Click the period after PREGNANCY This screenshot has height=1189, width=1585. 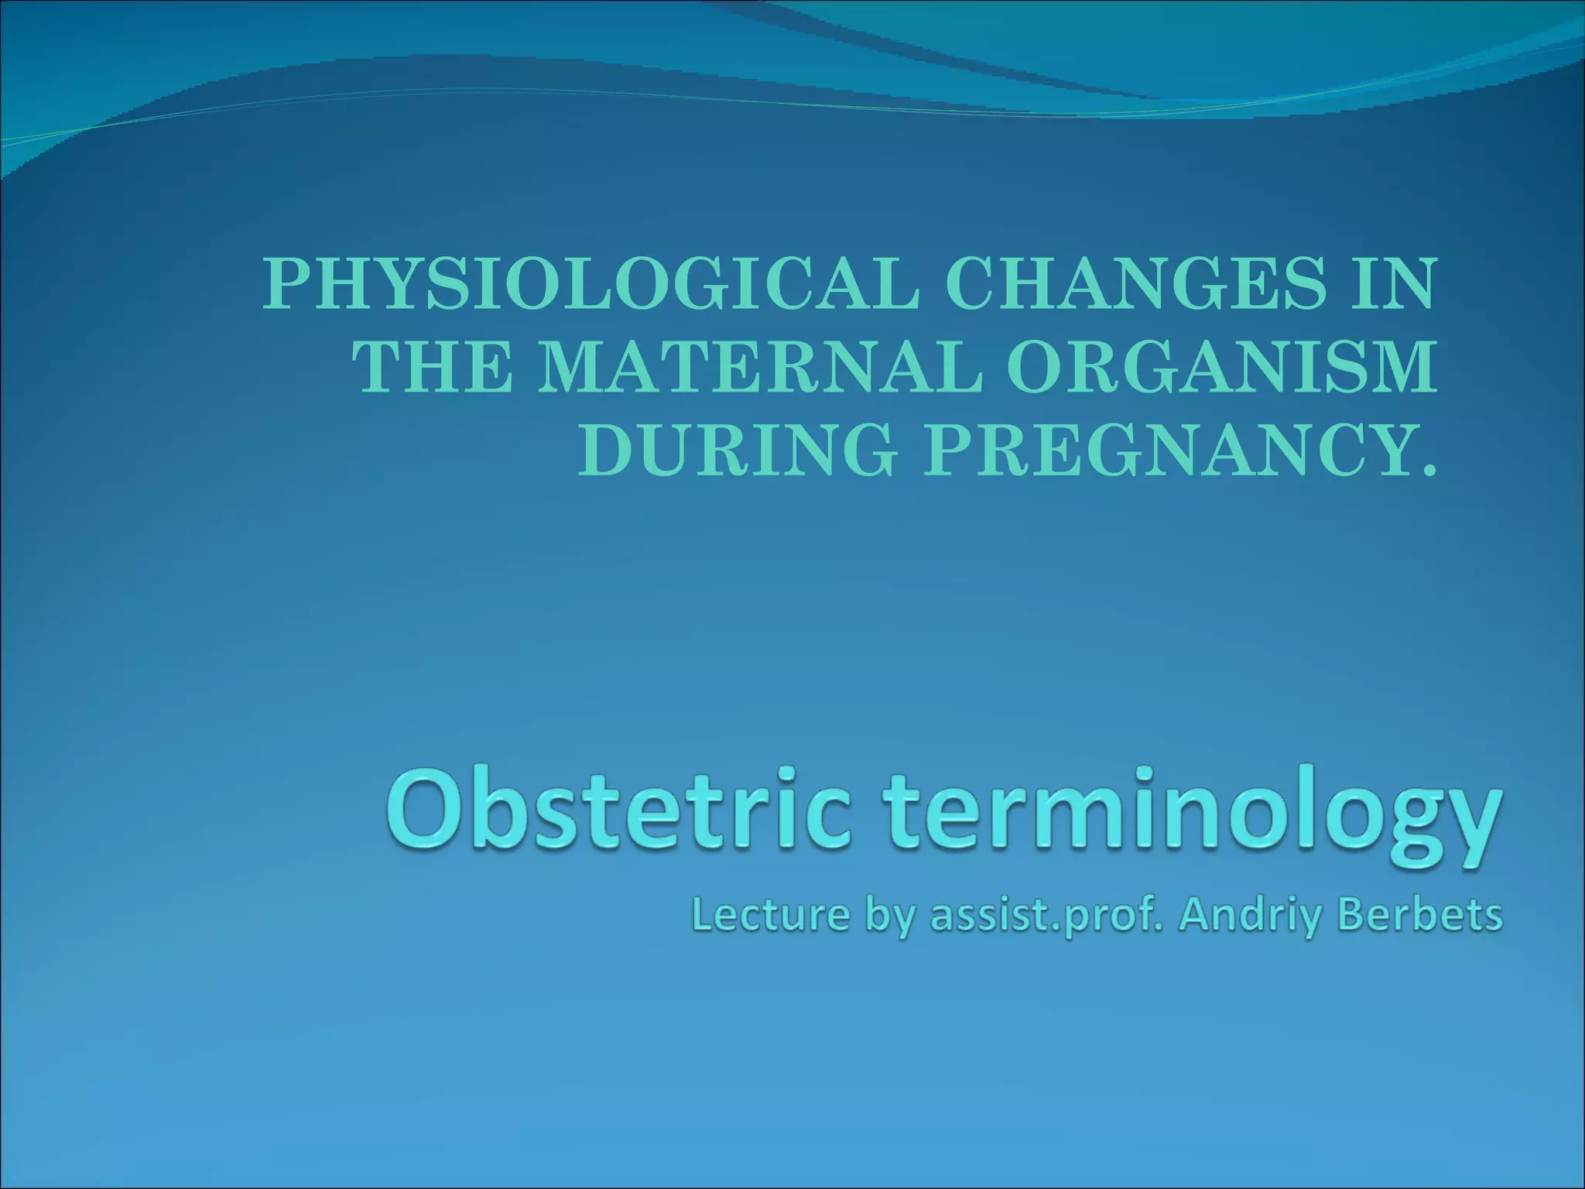coord(1426,467)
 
